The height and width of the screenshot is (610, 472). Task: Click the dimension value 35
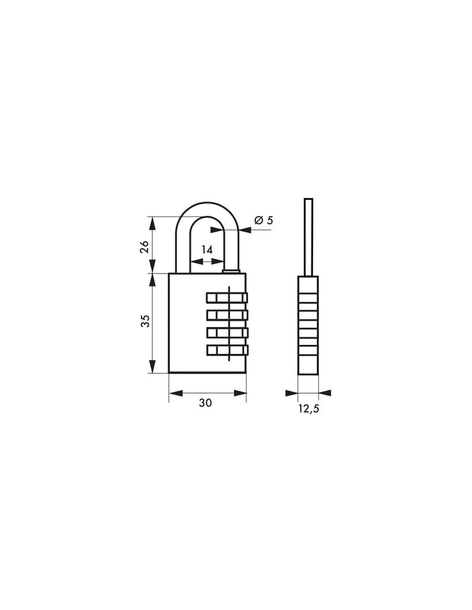click(x=144, y=323)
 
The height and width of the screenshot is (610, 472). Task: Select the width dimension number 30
click(x=205, y=402)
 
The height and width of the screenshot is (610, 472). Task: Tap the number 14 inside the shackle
click(x=206, y=250)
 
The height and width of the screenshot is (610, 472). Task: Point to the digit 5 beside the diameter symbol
click(x=270, y=220)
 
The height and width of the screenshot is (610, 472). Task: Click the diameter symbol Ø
click(x=258, y=220)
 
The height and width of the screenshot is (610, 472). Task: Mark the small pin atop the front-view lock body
click(x=231, y=272)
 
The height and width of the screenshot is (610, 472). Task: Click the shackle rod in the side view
click(x=308, y=236)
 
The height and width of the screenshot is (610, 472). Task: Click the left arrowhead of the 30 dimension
click(x=173, y=392)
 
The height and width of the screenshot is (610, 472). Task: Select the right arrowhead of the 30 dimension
click(x=241, y=392)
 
